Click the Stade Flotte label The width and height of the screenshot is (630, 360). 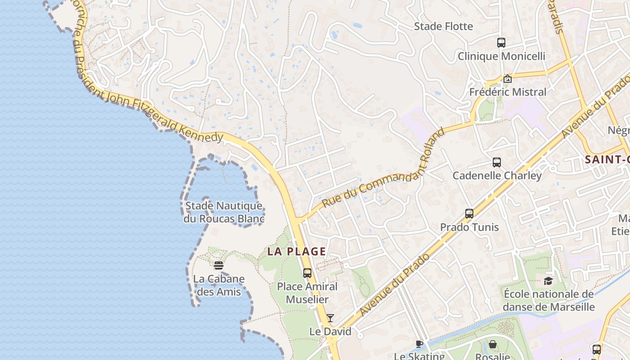tap(443, 27)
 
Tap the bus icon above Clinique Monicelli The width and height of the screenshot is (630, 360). tap(501, 43)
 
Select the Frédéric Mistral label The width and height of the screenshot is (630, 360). tap(508, 92)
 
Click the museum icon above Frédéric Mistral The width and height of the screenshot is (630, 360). tap(508, 79)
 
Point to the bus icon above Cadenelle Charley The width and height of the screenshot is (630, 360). tap(497, 162)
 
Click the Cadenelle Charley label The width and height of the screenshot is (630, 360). tap(497, 175)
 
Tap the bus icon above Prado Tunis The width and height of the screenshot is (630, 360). tap(469, 214)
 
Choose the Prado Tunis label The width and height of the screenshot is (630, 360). tap(469, 227)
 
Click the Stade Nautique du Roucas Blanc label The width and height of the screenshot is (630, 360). tap(224, 212)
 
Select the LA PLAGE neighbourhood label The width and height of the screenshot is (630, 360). tap(297, 252)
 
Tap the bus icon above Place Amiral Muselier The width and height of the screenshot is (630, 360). tap(307, 273)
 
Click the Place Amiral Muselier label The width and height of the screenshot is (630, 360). tap(307, 292)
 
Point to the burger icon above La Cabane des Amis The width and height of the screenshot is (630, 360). tap(219, 265)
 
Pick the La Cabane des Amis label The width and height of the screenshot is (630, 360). tap(219, 285)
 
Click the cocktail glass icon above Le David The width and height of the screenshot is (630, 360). tap(330, 318)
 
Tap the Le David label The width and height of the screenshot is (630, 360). tap(330, 332)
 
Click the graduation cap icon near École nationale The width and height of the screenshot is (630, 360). tap(548, 281)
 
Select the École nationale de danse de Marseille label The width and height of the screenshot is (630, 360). tap(549, 301)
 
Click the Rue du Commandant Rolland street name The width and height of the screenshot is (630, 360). tap(384, 170)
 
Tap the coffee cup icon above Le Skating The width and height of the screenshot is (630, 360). tap(419, 344)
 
